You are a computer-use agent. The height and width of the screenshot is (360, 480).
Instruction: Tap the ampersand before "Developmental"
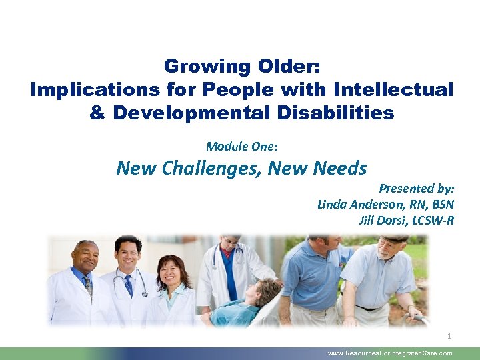98,113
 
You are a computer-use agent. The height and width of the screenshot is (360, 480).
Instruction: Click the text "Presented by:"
417,189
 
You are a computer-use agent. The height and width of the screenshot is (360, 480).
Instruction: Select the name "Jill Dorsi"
382,221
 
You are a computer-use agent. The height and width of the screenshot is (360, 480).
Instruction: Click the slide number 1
449,336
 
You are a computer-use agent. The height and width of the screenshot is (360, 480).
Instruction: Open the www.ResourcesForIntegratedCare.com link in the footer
390,353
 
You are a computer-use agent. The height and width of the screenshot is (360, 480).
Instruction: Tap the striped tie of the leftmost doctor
87,285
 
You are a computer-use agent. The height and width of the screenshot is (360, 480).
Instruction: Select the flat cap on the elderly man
395,238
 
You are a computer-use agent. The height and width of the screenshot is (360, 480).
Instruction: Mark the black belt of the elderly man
369,308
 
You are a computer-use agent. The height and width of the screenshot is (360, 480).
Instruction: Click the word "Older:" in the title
289,67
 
